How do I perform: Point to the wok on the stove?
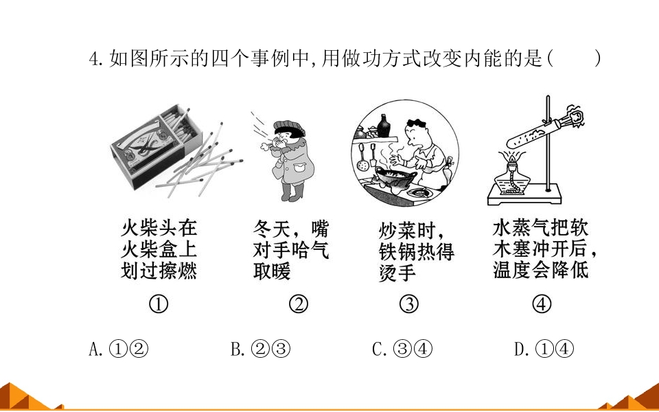pyautogui.click(x=396, y=179)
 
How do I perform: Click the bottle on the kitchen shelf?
pyautogui.click(x=383, y=126)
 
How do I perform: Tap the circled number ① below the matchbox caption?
pyautogui.click(x=159, y=304)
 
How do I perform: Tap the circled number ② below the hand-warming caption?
pyautogui.click(x=299, y=304)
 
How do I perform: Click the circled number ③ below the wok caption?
pyautogui.click(x=409, y=304)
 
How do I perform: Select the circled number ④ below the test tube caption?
pyautogui.click(x=542, y=304)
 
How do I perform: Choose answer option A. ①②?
pyautogui.click(x=119, y=349)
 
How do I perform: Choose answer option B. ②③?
pyautogui.click(x=261, y=349)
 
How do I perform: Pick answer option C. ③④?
pyautogui.click(x=402, y=349)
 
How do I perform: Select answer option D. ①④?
pyautogui.click(x=544, y=349)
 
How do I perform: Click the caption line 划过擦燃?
pyautogui.click(x=159, y=271)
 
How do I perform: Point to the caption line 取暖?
pyautogui.click(x=272, y=271)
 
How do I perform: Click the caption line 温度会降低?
pyautogui.click(x=541, y=269)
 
